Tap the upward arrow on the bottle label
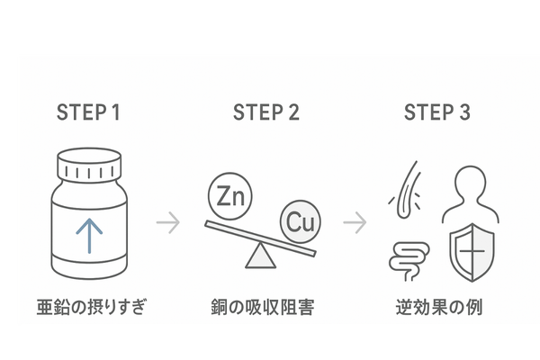tap(88, 232)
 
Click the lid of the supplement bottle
tap(88, 166)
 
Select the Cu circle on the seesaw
tap(300, 222)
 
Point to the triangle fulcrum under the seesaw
tap(262, 256)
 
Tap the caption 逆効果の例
tap(439, 308)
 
